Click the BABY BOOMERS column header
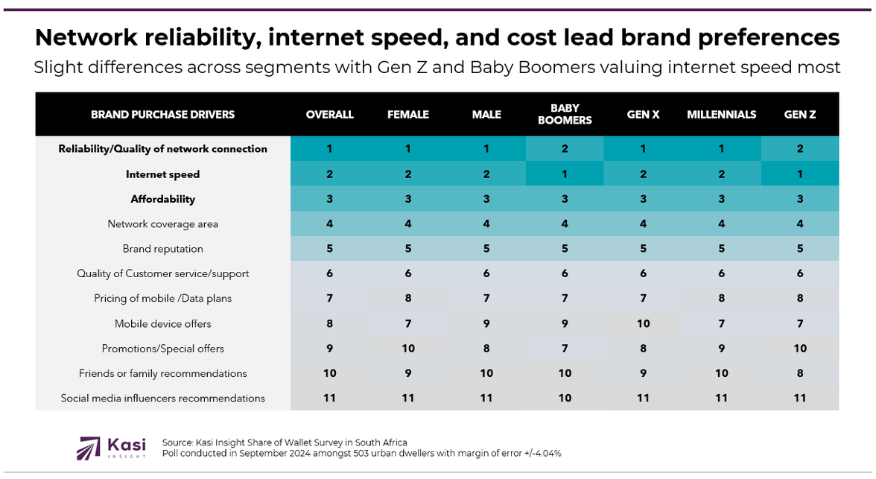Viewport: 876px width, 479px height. (565, 114)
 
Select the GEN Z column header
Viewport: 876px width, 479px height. (800, 114)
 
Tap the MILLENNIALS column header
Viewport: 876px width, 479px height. (721, 114)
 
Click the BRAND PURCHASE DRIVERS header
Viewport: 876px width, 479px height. (162, 114)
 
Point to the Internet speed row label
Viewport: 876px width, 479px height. (162, 174)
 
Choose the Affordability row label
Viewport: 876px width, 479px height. (162, 199)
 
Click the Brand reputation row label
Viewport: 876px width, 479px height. (162, 249)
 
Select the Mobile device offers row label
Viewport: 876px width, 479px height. (162, 323)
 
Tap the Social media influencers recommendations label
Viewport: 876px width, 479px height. (162, 398)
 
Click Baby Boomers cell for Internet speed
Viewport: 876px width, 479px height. (565, 174)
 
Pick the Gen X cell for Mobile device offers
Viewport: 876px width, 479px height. (643, 323)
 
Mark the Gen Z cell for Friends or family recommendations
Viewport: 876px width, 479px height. (800, 373)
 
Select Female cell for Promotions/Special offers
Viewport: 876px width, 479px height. (408, 349)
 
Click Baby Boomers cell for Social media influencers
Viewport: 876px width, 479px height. (565, 398)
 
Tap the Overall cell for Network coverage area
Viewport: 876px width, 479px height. (329, 224)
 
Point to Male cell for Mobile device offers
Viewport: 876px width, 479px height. (486, 323)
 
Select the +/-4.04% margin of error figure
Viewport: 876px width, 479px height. (540, 453)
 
